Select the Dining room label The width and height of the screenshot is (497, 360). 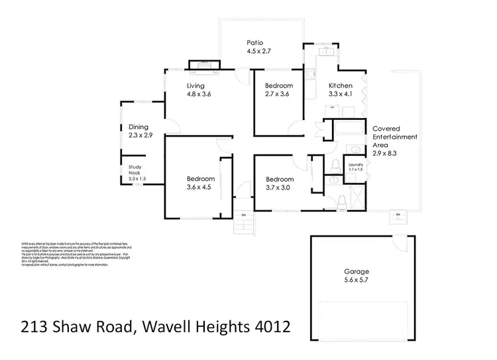138,127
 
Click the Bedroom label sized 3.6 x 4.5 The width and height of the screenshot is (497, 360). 199,179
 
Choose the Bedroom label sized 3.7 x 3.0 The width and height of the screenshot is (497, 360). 279,179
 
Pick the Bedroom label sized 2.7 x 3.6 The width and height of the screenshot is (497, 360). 279,86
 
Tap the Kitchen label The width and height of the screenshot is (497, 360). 341,86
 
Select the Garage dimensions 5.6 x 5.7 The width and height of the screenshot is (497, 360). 356,281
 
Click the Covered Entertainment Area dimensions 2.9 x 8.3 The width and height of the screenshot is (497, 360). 385,153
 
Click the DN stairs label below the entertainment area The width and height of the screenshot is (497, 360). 398,214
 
